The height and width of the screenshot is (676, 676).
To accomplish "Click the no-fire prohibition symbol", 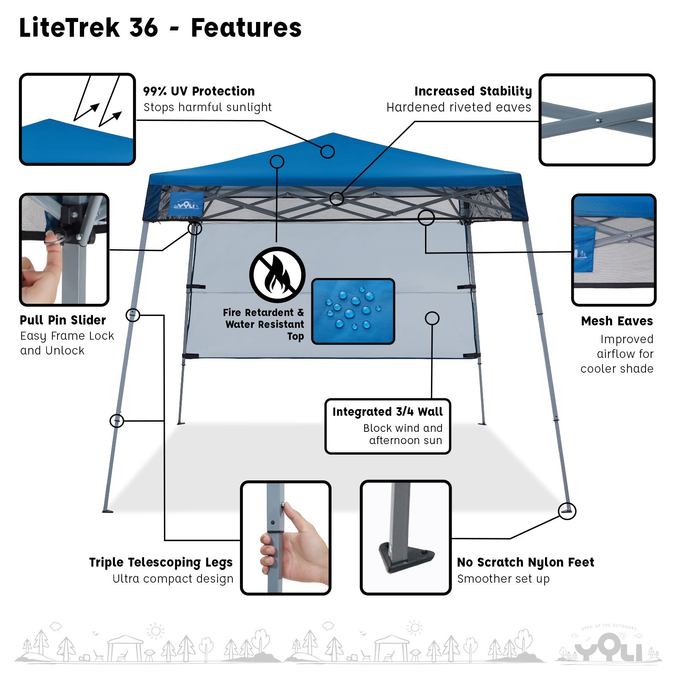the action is [x=277, y=275].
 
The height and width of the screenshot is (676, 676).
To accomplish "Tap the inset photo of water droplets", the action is [x=353, y=311].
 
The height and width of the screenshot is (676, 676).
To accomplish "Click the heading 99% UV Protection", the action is [x=199, y=91].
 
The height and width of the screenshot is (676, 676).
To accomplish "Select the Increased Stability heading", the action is [x=473, y=91].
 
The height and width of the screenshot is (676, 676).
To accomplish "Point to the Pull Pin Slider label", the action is [x=63, y=320].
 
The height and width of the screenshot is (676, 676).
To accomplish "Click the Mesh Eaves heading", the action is [x=617, y=321].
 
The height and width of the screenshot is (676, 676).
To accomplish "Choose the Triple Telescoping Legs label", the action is [x=161, y=562].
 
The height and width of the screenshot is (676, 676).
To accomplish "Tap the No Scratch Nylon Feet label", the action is [x=526, y=562].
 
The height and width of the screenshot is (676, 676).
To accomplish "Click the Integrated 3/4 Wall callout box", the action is [x=388, y=426].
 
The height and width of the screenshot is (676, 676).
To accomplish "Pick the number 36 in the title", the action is [x=144, y=27].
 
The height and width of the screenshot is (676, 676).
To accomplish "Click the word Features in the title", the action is [x=246, y=27].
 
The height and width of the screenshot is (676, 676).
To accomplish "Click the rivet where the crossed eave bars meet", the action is [x=598, y=120].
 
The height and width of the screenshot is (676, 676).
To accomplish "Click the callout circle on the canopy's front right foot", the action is [x=567, y=511].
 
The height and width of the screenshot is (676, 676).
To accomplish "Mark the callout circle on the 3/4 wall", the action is [x=432, y=318].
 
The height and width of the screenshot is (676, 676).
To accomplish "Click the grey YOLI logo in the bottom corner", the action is [x=608, y=644].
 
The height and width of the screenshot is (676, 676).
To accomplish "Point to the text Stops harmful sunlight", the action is [x=207, y=107].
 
